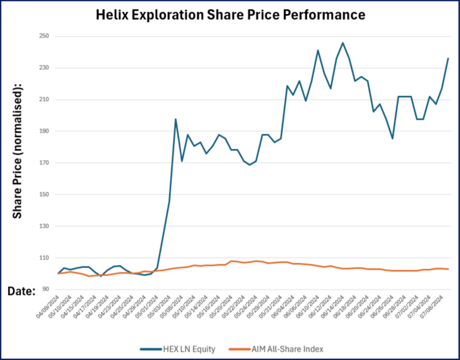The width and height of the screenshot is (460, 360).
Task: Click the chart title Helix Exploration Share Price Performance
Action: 230,15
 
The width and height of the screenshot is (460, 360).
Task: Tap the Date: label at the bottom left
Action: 22,291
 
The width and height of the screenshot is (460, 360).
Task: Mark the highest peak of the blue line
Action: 343,43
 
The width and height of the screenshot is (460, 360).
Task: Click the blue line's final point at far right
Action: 448,58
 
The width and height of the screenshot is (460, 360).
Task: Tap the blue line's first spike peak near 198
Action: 176,119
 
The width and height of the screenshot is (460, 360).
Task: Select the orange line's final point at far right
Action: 448,269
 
